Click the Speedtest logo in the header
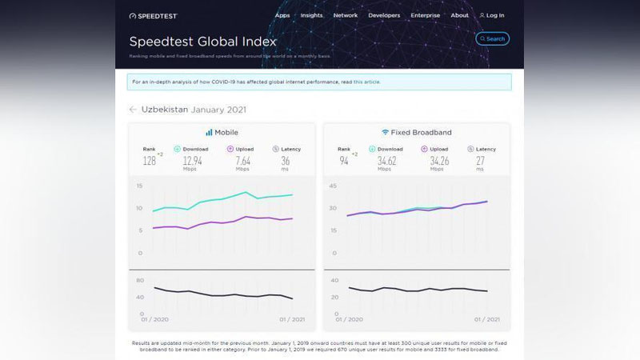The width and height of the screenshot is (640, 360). [x=153, y=15]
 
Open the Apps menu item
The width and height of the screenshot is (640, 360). [x=282, y=15]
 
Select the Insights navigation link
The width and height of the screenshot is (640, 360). [x=312, y=15]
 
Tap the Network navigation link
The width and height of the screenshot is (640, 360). [x=346, y=15]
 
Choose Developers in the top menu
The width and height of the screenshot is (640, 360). [x=384, y=15]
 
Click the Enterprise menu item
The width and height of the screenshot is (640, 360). [x=426, y=15]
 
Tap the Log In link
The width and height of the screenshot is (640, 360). [x=492, y=15]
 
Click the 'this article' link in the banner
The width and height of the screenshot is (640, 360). [x=367, y=82]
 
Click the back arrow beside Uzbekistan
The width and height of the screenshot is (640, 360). [x=133, y=110]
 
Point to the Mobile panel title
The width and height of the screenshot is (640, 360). [x=222, y=132]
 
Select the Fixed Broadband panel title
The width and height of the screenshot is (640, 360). [x=416, y=132]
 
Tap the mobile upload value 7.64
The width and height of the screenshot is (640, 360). [x=243, y=161]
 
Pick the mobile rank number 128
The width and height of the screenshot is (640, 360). [x=149, y=161]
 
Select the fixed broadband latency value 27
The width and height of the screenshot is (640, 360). [x=480, y=161]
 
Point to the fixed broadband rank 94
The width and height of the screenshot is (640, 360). [x=343, y=161]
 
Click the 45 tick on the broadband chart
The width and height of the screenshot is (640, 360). [x=333, y=187]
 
